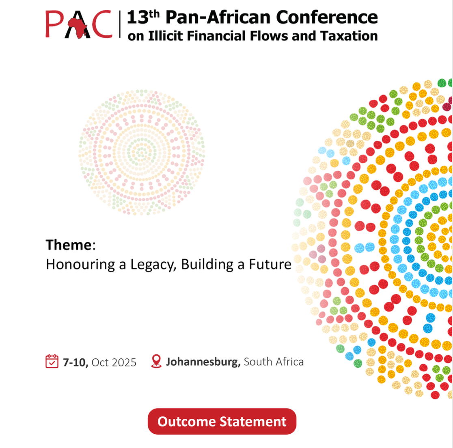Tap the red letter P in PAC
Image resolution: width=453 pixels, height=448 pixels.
coord(54,24)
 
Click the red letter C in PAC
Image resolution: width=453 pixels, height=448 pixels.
coord(101,24)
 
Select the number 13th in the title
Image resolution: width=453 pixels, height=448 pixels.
coord(143,17)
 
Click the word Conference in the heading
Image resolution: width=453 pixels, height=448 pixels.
coord(327,17)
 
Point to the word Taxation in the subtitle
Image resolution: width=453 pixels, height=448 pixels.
coord(349,36)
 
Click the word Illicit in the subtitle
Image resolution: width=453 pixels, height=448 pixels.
coord(165,36)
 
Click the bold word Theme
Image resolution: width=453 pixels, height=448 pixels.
coord(69,245)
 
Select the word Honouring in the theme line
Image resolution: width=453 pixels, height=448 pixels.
coord(80,265)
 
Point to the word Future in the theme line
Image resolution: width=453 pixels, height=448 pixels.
coord(270,264)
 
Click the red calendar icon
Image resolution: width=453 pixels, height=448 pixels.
coord(52,361)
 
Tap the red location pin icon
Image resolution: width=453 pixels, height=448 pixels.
coord(156,361)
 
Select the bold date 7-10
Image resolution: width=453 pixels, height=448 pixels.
coord(75,362)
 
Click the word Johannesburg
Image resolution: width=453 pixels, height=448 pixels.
coord(203,362)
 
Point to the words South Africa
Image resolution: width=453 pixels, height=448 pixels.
coord(274,362)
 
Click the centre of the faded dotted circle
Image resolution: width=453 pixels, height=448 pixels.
coord(142,152)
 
